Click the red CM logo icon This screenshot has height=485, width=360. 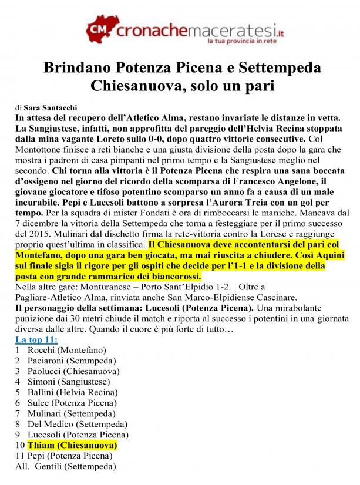pyautogui.click(x=99, y=26)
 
